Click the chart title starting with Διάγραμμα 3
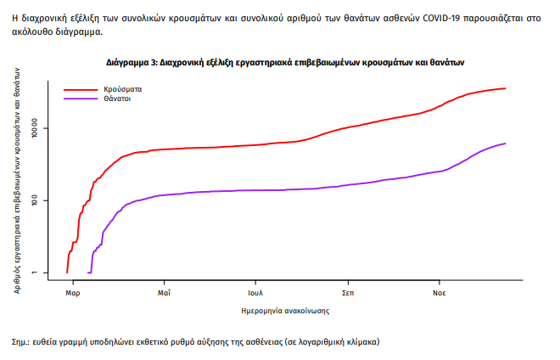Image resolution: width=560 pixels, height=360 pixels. pos(285,63)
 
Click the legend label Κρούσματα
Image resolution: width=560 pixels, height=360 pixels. pos(123,88)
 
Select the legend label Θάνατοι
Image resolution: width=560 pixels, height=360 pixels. pos(118,99)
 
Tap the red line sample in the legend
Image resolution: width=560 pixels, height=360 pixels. pos(82,88)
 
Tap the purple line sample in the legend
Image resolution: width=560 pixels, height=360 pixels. pos(82,99)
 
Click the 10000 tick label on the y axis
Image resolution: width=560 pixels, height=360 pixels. pos(48,129)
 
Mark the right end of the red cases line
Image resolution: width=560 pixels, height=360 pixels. pos(505,88)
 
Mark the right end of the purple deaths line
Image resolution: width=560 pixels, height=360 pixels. pos(505,143)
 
